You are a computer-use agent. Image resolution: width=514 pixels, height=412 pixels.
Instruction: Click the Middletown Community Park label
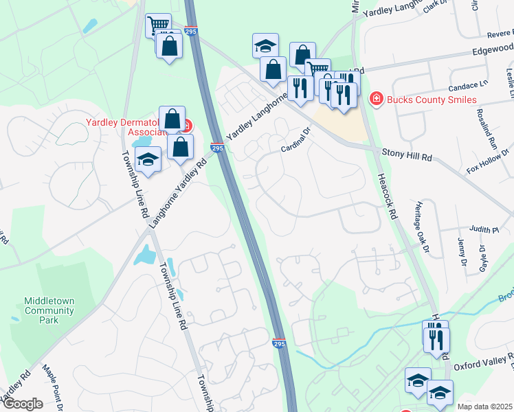click(49, 306)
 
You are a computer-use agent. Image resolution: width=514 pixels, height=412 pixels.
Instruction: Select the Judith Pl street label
click(483, 231)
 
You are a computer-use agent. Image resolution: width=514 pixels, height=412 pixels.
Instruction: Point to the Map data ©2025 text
click(484, 407)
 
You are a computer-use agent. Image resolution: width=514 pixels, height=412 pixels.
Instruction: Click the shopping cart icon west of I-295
click(159, 25)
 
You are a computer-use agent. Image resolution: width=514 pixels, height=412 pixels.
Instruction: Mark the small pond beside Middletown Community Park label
click(15, 319)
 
